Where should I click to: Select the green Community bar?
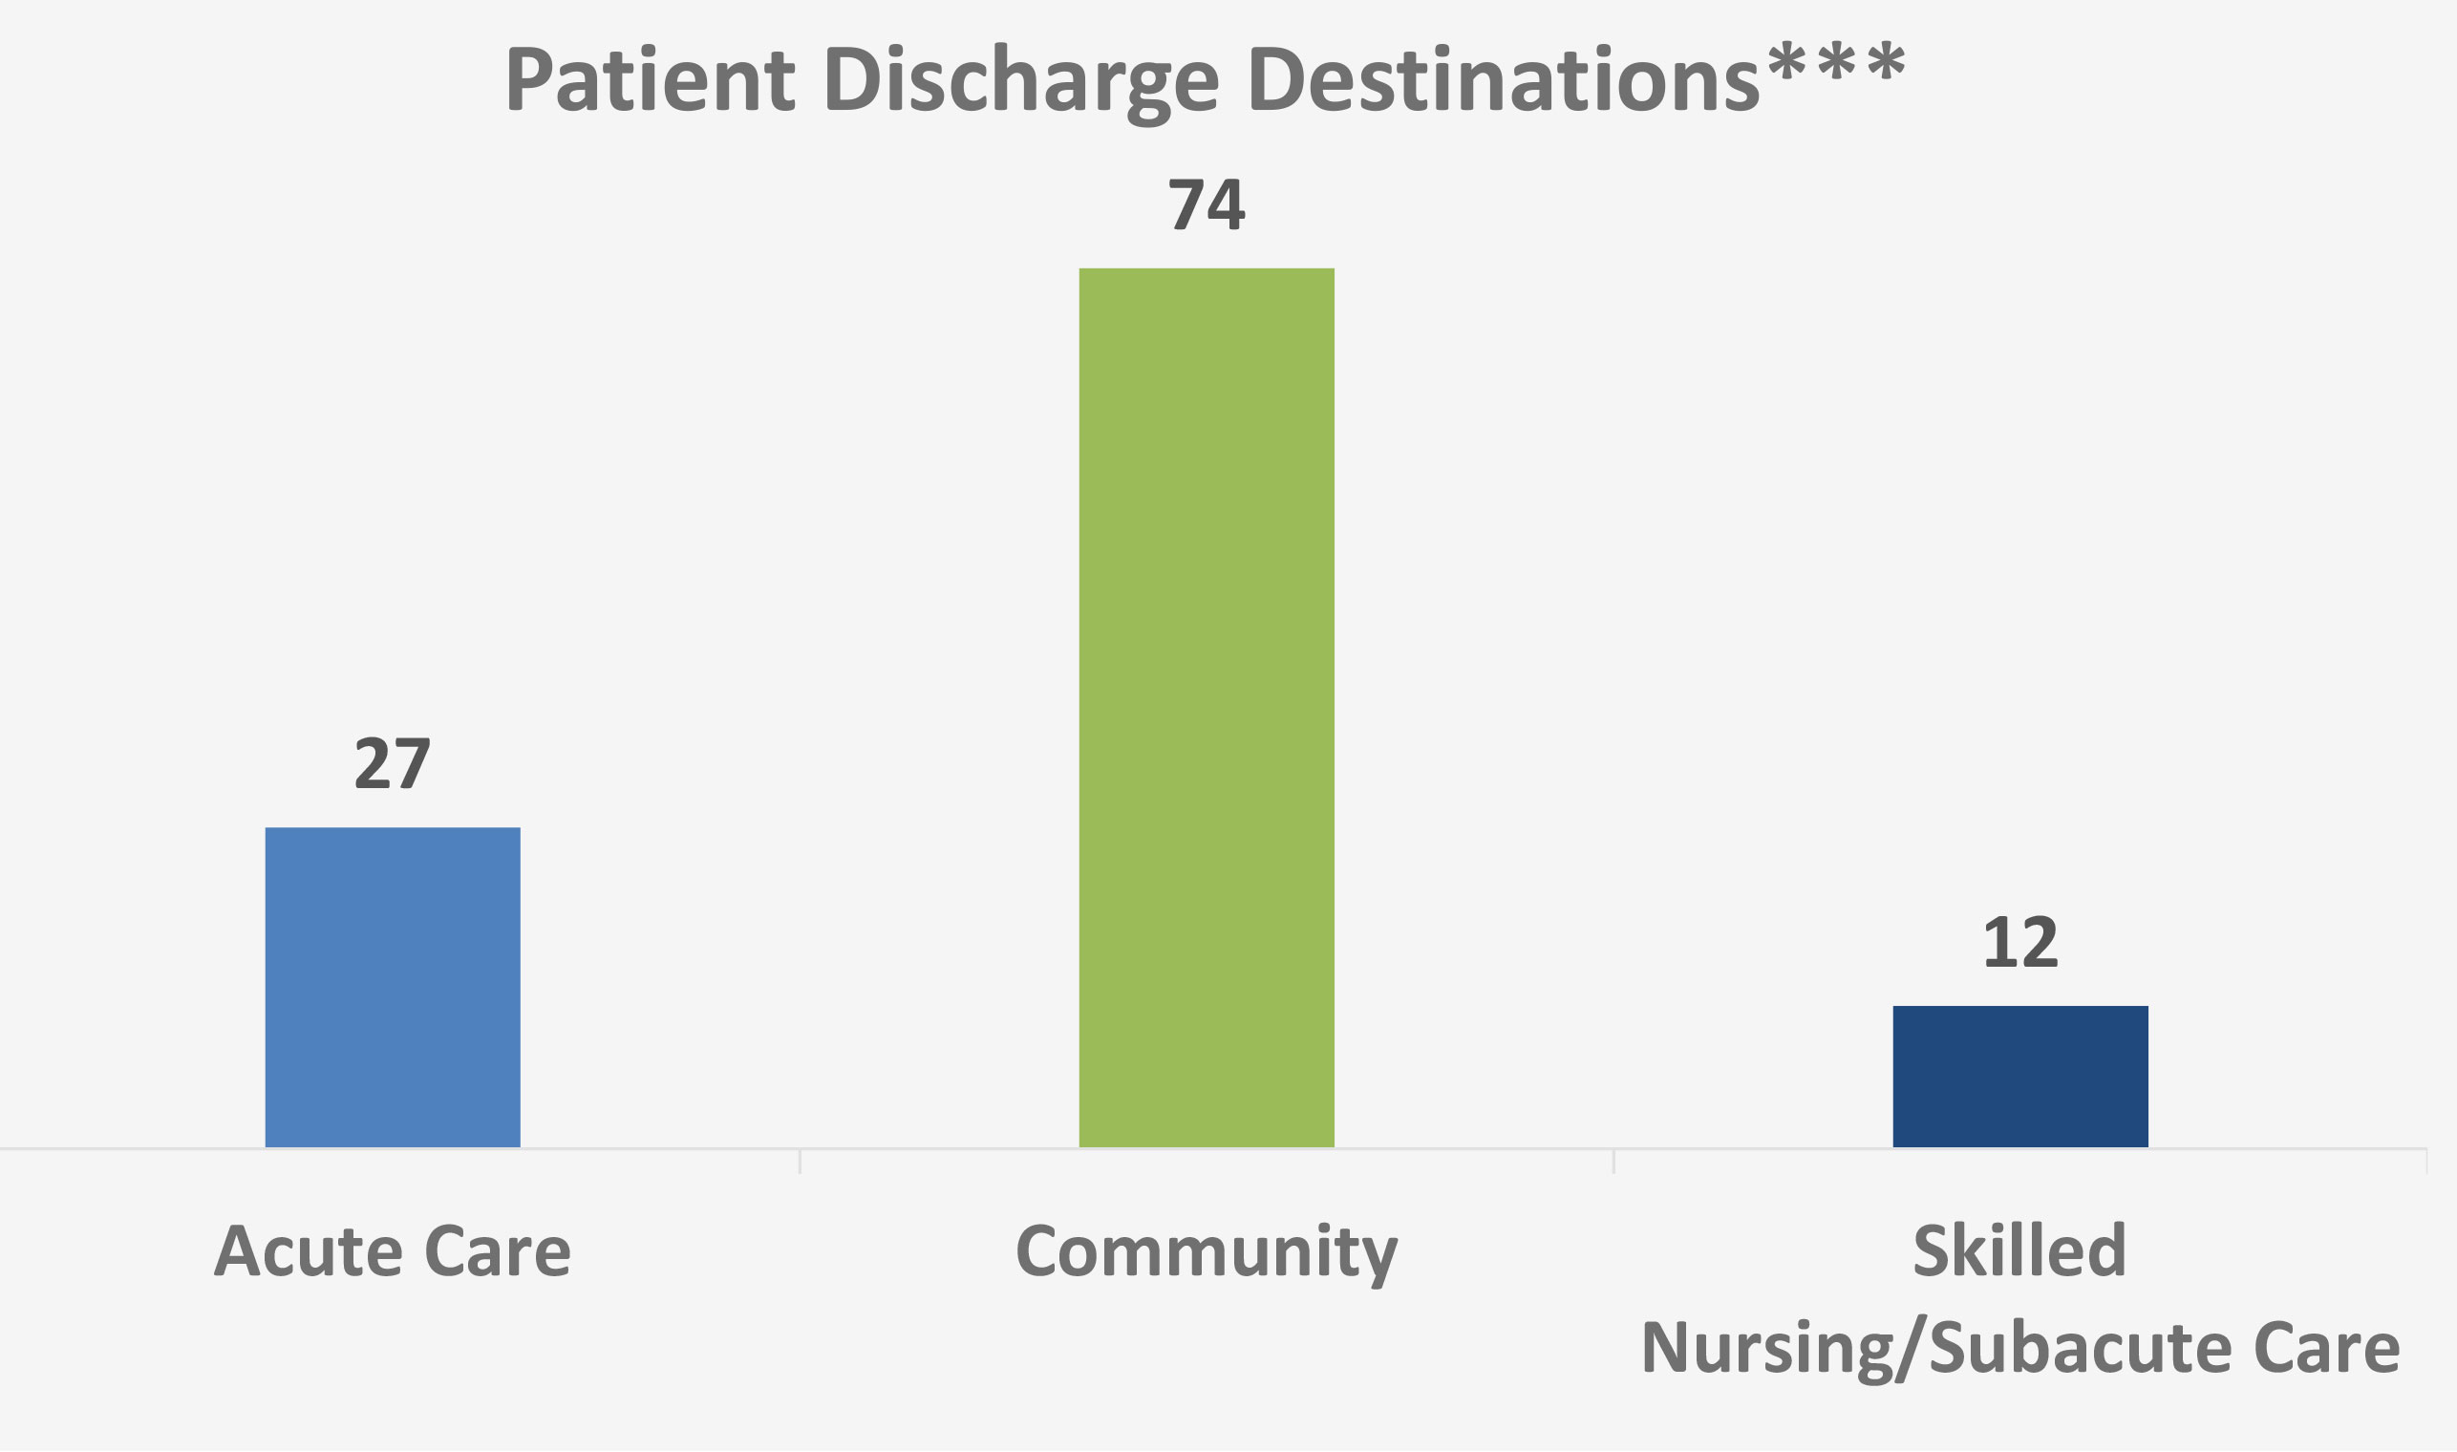pyautogui.click(x=1206, y=707)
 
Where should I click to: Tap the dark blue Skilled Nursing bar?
pyautogui.click(x=2019, y=1076)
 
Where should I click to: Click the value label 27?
pyautogui.click(x=393, y=763)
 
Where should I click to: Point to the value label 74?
pyautogui.click(x=1207, y=203)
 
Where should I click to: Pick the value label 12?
pyautogui.click(x=2020, y=942)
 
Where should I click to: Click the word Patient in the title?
pyautogui.click(x=650, y=80)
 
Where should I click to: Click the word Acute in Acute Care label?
pyautogui.click(x=309, y=1251)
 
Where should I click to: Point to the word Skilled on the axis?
pyautogui.click(x=2019, y=1249)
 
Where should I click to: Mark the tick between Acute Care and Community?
pyautogui.click(x=801, y=1161)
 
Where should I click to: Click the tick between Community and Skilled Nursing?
pyautogui.click(x=1613, y=1161)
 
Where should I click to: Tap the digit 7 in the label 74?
pyautogui.click(x=1186, y=203)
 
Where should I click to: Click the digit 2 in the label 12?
pyautogui.click(x=2039, y=942)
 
